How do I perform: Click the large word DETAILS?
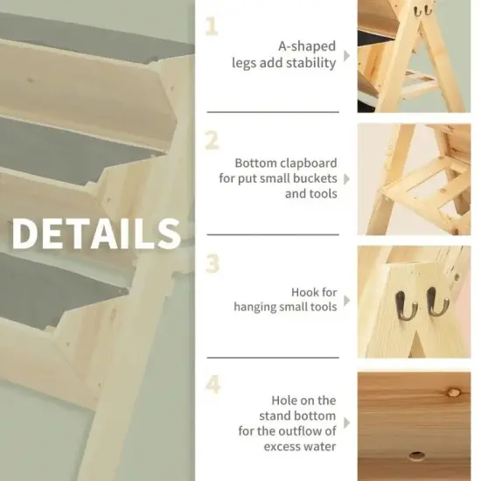point(95,234)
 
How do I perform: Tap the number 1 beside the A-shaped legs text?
point(213,26)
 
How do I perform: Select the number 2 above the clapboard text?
point(213,140)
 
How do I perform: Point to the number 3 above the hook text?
point(213,262)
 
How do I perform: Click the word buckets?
point(309,178)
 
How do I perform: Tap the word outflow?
point(311,430)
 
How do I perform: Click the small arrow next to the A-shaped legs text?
point(347,55)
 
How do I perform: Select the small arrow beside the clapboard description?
point(347,178)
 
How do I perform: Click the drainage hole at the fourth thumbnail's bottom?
point(416,457)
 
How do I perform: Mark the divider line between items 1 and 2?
point(272,112)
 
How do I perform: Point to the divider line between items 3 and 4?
point(272,357)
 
